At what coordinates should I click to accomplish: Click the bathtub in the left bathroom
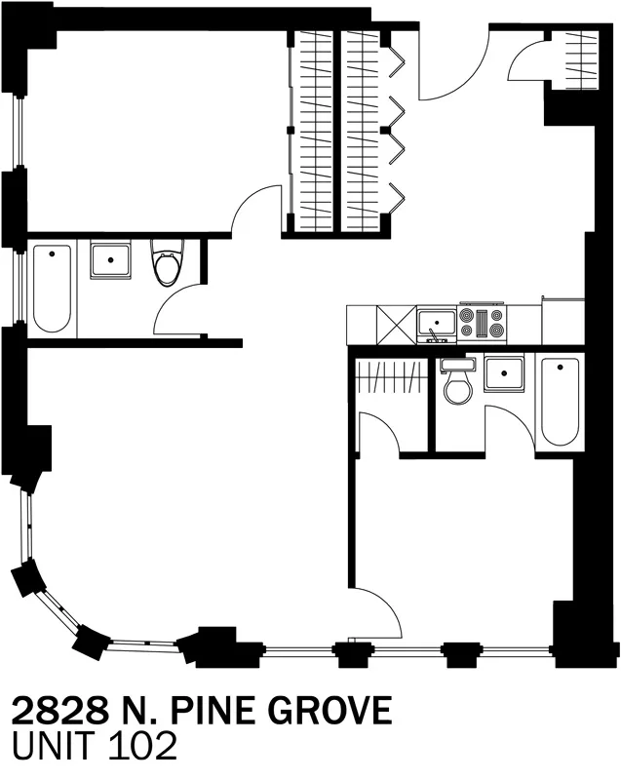click(51, 289)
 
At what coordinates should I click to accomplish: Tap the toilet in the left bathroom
click(167, 266)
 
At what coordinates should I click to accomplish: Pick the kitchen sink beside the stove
click(436, 322)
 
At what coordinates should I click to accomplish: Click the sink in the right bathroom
click(505, 373)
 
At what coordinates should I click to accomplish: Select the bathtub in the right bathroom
click(560, 402)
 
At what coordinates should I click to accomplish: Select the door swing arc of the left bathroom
click(177, 310)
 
